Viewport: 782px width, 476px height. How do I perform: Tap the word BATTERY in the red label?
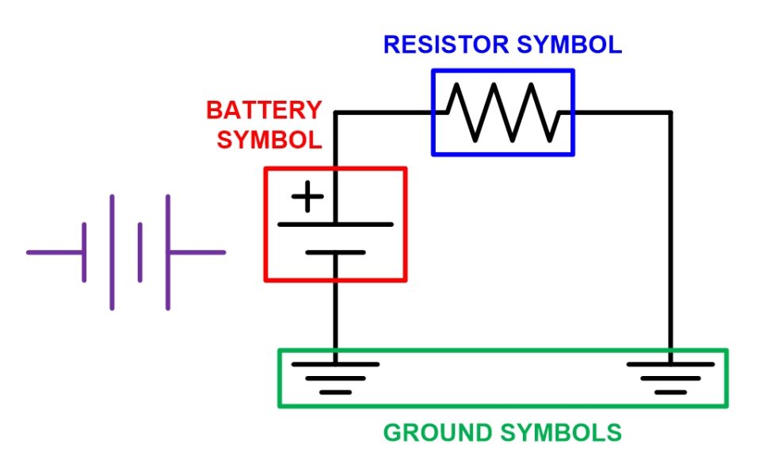[x=265, y=109]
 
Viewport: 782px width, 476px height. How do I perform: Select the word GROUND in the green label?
[x=438, y=433]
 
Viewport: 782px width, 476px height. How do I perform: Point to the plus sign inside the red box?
[x=307, y=197]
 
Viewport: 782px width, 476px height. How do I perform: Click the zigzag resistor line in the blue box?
[x=503, y=112]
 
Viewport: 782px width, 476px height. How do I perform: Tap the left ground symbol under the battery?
[x=335, y=376]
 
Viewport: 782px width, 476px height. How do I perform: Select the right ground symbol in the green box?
[x=670, y=376]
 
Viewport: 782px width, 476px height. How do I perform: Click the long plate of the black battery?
[x=335, y=225]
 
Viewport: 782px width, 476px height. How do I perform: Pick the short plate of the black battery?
[x=335, y=252]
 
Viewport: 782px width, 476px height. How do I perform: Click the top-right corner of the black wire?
[x=670, y=113]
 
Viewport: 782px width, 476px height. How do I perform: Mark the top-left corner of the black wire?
[x=335, y=113]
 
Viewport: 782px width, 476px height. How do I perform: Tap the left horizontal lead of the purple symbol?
[x=55, y=252]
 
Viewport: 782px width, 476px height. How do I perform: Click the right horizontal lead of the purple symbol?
[x=196, y=252]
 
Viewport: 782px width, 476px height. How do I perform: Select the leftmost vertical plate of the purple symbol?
[x=84, y=252]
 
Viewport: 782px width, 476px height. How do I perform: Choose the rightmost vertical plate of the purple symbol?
[x=168, y=252]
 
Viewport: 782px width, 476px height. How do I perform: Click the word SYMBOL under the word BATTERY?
[x=270, y=140]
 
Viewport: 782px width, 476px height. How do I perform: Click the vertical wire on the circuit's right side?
[x=670, y=238]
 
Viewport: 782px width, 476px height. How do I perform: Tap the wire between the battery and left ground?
[x=335, y=317]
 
